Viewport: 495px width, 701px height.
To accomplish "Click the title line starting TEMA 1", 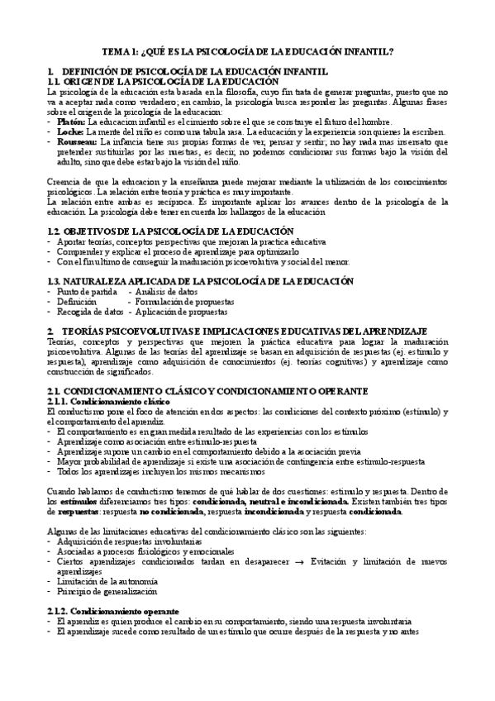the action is pos(247,51).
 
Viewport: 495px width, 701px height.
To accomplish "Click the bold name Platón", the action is pos(71,122).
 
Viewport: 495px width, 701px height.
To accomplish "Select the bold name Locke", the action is pos(70,132).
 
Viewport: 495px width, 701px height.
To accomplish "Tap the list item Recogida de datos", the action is pos(89,313).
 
